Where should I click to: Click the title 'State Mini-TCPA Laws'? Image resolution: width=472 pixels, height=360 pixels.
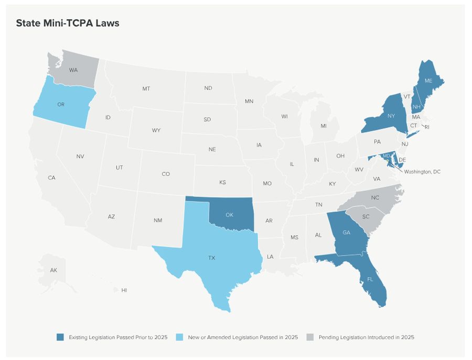[68, 23]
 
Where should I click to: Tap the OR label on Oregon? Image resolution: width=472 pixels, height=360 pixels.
[61, 104]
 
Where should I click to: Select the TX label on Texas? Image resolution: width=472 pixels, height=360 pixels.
[212, 258]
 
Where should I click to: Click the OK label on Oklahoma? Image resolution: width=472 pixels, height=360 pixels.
[229, 215]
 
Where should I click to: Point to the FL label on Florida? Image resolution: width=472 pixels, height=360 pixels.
[370, 279]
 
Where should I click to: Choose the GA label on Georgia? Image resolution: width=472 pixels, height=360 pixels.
[346, 233]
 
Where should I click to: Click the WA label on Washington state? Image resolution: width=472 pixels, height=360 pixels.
[73, 70]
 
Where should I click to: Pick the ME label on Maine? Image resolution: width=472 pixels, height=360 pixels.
[428, 81]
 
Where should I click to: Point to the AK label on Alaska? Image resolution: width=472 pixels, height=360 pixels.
[53, 270]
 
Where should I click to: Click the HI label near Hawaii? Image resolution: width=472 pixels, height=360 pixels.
[124, 290]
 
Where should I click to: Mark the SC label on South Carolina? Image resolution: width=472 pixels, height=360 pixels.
[366, 216]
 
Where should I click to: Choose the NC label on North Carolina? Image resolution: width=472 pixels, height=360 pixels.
[375, 198]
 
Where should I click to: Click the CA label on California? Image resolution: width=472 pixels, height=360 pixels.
[51, 178]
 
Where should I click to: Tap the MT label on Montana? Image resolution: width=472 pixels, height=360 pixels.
[146, 89]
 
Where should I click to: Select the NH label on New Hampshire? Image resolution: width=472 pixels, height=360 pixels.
[416, 107]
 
